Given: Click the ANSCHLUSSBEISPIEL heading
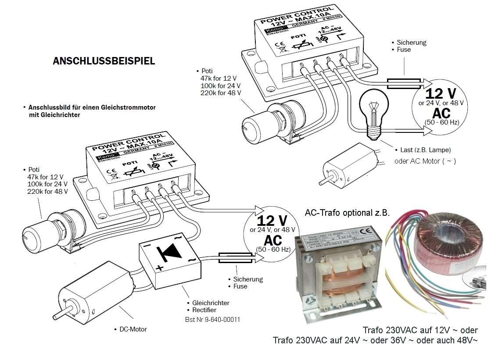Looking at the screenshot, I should click(x=104, y=61).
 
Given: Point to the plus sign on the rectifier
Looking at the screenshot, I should click(x=160, y=268).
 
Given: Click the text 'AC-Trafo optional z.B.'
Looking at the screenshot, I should click(x=347, y=213).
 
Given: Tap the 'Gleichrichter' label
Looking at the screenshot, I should click(x=211, y=303).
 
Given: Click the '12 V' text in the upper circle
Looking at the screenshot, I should click(x=441, y=93).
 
